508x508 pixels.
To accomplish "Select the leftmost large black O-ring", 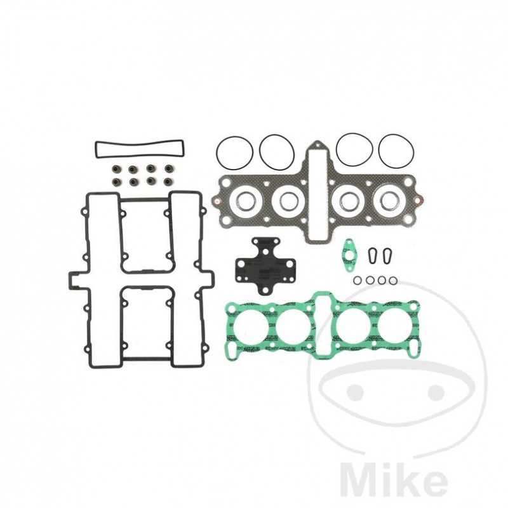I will click(x=234, y=152).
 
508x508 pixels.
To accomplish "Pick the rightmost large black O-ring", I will click(x=396, y=151).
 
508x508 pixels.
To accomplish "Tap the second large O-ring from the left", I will click(x=277, y=152).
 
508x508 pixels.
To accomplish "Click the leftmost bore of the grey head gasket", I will click(x=244, y=201).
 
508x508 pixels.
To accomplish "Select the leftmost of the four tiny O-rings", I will click(x=358, y=280).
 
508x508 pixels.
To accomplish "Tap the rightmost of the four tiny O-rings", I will click(x=394, y=280).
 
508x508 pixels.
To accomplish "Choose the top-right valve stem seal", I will click(x=168, y=170).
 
